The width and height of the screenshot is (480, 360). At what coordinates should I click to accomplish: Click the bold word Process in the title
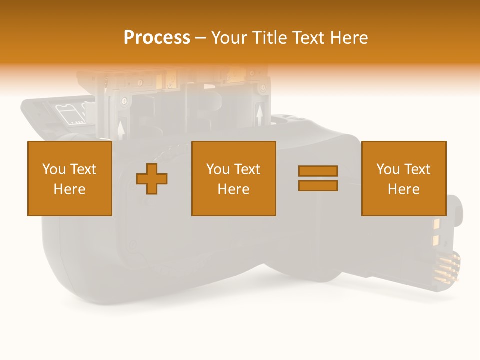click(157, 38)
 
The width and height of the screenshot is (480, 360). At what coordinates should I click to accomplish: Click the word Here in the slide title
click(349, 38)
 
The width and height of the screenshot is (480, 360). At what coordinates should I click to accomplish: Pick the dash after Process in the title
click(200, 38)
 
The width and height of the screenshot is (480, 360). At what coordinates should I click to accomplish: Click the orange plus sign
click(152, 178)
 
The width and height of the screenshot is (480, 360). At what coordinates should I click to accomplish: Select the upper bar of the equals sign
click(318, 171)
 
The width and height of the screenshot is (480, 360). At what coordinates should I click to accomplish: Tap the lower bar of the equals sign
click(318, 185)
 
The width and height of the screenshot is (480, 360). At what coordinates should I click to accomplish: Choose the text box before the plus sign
click(70, 178)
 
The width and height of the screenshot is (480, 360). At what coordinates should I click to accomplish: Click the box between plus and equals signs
click(234, 178)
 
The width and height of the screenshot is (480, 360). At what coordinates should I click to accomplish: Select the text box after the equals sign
click(404, 178)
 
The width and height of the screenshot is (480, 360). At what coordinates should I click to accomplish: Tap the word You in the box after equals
click(387, 169)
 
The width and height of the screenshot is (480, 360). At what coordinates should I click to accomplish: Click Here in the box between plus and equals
click(234, 189)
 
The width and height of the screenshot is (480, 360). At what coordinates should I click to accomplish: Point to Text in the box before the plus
click(83, 169)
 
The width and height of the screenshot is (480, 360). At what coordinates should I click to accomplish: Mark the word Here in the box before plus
click(70, 189)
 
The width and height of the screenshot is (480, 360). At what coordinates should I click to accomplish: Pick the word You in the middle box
click(217, 169)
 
